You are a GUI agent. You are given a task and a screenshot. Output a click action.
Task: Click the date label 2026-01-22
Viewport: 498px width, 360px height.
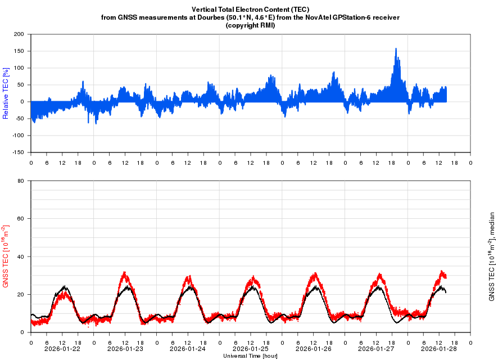point(62,349)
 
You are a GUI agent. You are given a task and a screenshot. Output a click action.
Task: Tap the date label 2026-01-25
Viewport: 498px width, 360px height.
point(251,349)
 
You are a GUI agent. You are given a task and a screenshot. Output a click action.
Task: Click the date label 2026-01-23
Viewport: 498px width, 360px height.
point(125,349)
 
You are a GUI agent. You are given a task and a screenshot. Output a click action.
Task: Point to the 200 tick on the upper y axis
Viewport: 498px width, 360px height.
point(18,34)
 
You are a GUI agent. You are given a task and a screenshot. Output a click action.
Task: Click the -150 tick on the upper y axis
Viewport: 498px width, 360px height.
point(17,152)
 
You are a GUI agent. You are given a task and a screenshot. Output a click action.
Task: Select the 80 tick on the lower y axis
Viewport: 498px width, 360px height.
point(20,181)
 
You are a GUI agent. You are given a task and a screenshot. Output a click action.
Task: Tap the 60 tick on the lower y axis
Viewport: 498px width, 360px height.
point(20,219)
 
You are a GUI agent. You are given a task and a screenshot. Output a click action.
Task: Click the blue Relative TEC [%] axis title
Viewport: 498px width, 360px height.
point(6,93)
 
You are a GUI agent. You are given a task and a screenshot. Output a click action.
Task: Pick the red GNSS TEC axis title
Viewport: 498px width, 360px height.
point(6,256)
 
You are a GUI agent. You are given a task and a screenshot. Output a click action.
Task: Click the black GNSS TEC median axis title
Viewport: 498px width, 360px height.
point(492,256)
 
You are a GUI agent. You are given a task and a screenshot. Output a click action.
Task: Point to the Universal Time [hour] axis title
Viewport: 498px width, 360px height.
point(250,356)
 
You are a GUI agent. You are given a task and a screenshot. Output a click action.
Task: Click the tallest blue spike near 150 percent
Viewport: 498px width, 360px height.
point(396,49)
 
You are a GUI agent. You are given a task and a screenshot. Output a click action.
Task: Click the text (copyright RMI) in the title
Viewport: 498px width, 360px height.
point(250,25)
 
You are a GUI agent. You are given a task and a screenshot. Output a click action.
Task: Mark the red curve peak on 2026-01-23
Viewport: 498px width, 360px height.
point(124,273)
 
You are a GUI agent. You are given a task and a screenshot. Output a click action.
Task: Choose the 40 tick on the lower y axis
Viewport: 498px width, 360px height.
point(20,256)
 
